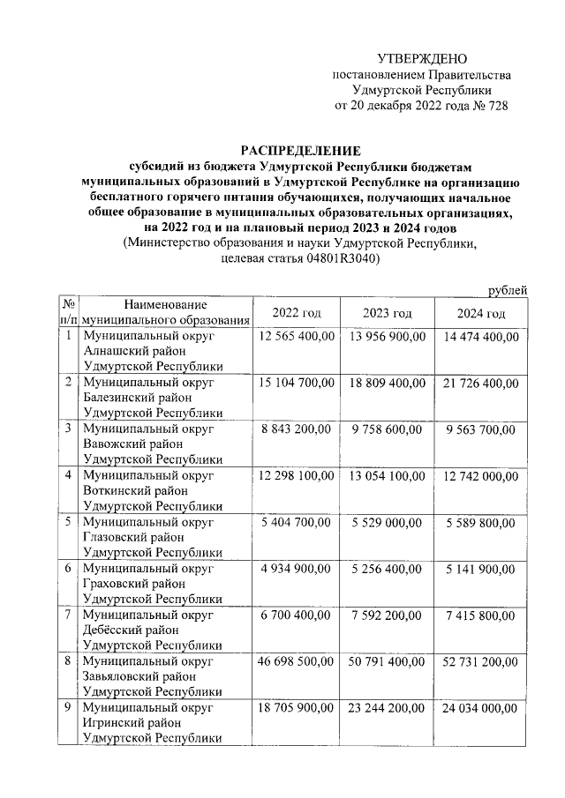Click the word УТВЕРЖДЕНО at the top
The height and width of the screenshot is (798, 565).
pos(421,58)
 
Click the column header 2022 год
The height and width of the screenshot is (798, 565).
pos(296,314)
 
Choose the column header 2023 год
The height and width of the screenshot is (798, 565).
pos(388,314)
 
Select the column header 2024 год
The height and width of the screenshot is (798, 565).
pos(481,314)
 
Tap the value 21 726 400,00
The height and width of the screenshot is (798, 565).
pos(481,382)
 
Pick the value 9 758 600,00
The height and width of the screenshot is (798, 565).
pos(388,428)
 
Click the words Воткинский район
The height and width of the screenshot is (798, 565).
pos(134,489)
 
